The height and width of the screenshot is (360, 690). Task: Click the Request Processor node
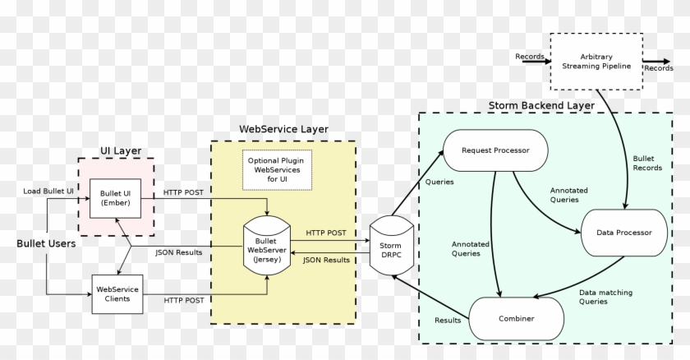click(x=495, y=150)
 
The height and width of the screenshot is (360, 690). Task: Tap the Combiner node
click(x=517, y=318)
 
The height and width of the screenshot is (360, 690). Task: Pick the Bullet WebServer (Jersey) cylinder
click(x=267, y=244)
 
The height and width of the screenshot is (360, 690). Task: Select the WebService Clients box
click(x=117, y=294)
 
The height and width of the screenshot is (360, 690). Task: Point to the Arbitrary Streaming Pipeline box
click(x=597, y=62)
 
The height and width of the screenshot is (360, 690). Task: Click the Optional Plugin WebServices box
click(x=270, y=170)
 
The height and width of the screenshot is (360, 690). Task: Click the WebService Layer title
click(x=283, y=129)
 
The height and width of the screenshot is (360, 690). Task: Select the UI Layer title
click(x=121, y=150)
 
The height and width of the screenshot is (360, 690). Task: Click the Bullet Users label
click(x=46, y=243)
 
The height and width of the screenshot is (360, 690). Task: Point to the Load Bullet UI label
click(x=48, y=192)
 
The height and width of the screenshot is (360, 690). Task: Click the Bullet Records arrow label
click(x=648, y=163)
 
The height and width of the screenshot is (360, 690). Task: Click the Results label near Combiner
click(x=448, y=321)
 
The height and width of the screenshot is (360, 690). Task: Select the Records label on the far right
click(x=659, y=68)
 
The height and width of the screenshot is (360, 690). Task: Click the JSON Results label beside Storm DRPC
click(x=326, y=261)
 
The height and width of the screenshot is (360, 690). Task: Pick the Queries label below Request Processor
click(x=439, y=182)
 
